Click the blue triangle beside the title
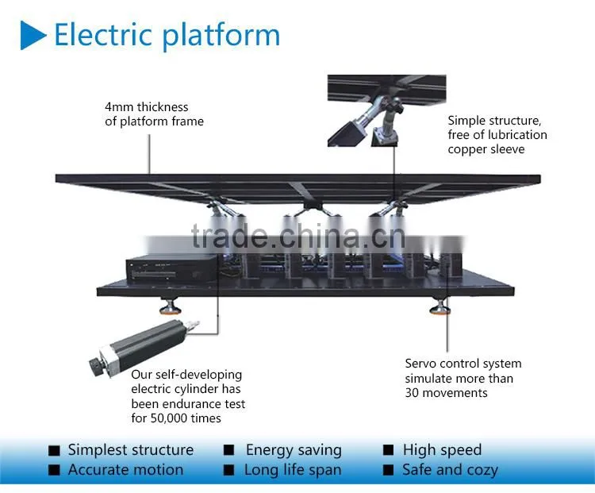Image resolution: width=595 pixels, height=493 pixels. (x=33, y=35)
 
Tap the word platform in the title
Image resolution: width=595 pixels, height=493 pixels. (x=221, y=37)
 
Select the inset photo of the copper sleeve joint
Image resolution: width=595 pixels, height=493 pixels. (x=386, y=110)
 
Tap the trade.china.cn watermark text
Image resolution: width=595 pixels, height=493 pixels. (x=298, y=237)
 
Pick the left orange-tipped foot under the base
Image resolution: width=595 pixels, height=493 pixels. (x=170, y=306)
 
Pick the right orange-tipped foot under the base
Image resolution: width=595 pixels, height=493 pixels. (x=440, y=306)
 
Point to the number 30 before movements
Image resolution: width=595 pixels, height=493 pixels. (x=412, y=393)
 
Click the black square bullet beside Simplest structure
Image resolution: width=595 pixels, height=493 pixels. (x=54, y=450)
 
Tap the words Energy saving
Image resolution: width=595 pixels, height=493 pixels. (x=294, y=450)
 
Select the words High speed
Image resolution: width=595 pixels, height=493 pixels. (x=442, y=450)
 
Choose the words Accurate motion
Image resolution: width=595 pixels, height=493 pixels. (x=125, y=470)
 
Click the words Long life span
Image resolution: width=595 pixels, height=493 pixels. (x=293, y=471)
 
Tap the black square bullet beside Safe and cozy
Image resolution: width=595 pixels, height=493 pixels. (x=388, y=470)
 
